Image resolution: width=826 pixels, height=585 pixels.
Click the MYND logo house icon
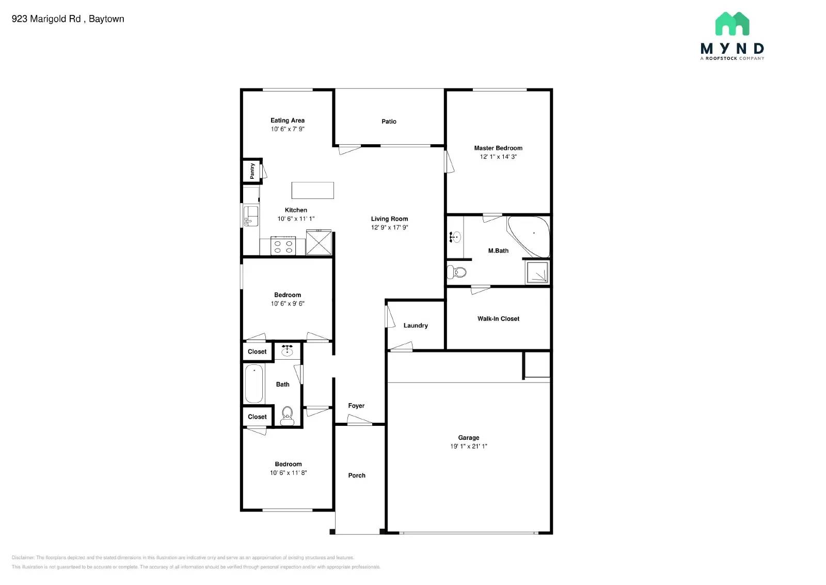[x=732, y=24]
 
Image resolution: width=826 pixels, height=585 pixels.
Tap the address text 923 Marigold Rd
[x=46, y=19]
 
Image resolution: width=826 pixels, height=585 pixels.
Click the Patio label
[x=389, y=121]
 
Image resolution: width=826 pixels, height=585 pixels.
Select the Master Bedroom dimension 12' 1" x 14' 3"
[x=498, y=157]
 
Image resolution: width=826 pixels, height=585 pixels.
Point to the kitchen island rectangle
[x=312, y=190]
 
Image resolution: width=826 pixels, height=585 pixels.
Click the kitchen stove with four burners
[x=283, y=247]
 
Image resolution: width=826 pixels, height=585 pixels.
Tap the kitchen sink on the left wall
[x=251, y=215]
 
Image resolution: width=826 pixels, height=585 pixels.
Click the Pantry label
[x=252, y=171]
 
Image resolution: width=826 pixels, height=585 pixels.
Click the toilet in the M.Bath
[x=457, y=272]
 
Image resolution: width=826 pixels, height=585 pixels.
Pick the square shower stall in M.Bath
[x=537, y=272]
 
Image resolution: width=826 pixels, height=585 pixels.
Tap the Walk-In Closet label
[x=498, y=319]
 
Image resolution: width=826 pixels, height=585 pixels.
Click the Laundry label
[x=416, y=326]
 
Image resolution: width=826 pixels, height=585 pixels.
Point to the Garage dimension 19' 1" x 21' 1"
[x=468, y=446]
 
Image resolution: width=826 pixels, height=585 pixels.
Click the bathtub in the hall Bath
[x=253, y=383]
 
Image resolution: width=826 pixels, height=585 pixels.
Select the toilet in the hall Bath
[x=287, y=415]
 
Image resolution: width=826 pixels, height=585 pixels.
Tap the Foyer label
[x=356, y=406]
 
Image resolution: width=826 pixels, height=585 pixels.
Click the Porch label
[x=356, y=475]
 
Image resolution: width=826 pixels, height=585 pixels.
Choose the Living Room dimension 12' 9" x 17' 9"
[x=389, y=227]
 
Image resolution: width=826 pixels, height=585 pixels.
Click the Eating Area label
[x=288, y=120]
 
